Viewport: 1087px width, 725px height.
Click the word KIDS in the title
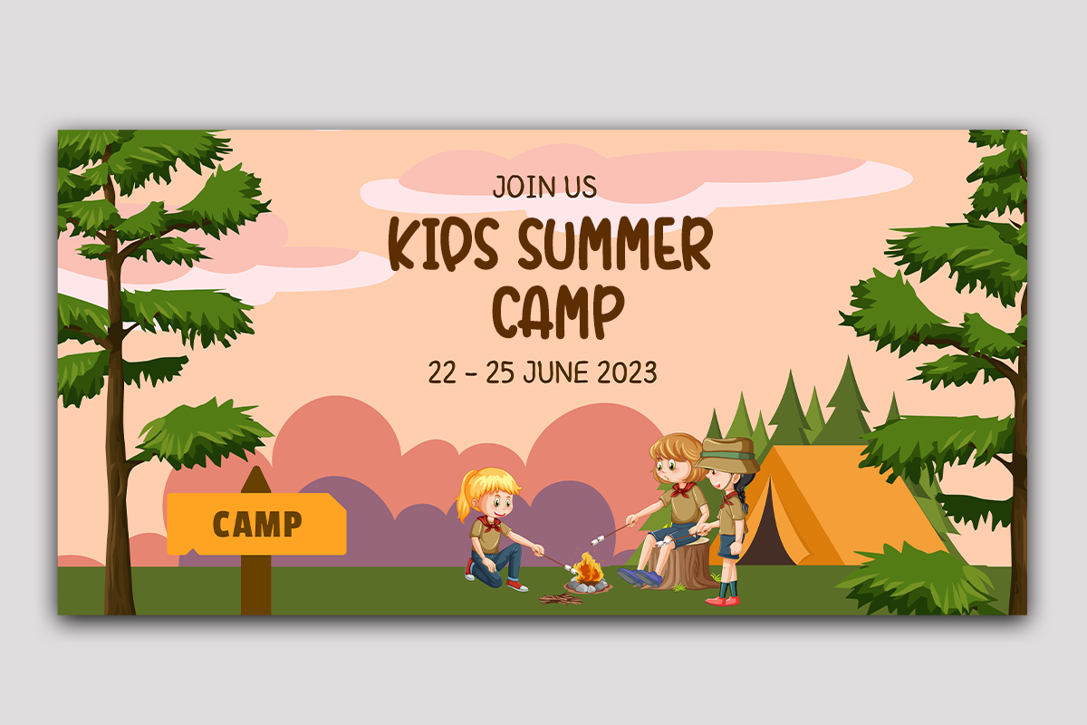pyautogui.click(x=444, y=244)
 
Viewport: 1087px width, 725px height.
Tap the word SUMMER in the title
pyautogui.click(x=615, y=243)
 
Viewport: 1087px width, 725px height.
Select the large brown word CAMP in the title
pyautogui.click(x=558, y=312)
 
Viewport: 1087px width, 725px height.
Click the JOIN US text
pyautogui.click(x=544, y=187)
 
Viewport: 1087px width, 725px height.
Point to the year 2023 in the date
pyautogui.click(x=627, y=372)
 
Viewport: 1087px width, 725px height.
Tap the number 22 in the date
pyautogui.click(x=442, y=372)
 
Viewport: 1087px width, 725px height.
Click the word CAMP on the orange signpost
pyautogui.click(x=257, y=524)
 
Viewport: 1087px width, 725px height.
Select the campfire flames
pyautogui.click(x=588, y=568)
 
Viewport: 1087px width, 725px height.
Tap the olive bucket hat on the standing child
pyautogui.click(x=727, y=455)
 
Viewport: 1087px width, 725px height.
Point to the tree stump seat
pyautogui.click(x=682, y=565)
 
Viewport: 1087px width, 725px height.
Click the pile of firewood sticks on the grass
pyautogui.click(x=561, y=600)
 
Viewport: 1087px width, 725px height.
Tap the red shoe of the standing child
pyautogui.click(x=723, y=601)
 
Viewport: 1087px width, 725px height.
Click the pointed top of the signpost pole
pyautogui.click(x=255, y=467)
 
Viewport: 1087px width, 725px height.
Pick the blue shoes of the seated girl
pyautogui.click(x=640, y=577)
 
